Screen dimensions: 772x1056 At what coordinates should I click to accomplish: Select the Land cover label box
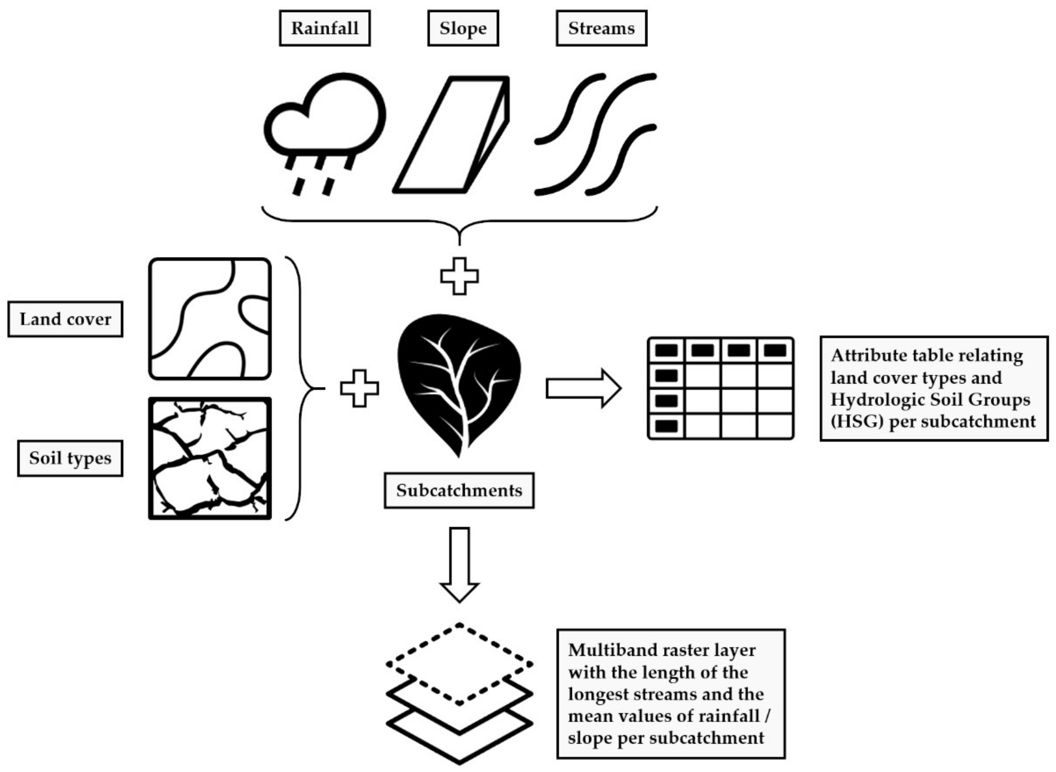(65, 319)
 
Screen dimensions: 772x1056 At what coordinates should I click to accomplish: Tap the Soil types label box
(70, 458)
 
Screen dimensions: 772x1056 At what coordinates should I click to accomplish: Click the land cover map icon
(210, 319)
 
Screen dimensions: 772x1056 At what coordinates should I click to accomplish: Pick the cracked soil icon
(210, 458)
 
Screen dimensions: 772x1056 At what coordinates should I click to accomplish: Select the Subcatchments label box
(459, 490)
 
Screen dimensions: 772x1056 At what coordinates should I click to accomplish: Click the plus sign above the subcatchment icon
(459, 276)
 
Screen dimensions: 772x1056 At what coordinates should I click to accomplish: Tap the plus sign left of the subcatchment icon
(359, 388)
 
